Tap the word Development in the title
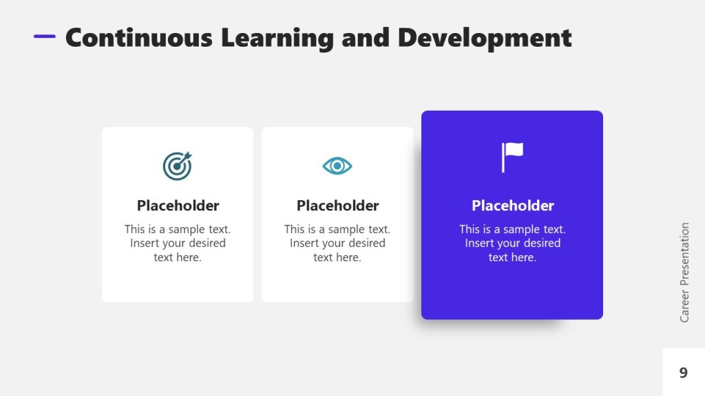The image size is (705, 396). [x=485, y=38]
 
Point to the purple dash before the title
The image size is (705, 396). [x=45, y=36]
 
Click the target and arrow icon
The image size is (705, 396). [x=177, y=166]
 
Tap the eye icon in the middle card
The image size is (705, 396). [x=337, y=166]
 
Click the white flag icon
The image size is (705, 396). [x=512, y=157]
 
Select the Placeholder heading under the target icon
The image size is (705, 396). [x=178, y=206]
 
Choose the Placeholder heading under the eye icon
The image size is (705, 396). [x=337, y=206]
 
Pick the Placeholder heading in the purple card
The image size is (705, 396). [x=512, y=206]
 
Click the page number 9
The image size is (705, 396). [x=683, y=373]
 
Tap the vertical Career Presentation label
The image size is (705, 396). [x=684, y=272]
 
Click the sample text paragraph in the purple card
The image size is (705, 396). [x=512, y=243]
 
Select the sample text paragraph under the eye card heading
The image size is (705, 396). [x=337, y=243]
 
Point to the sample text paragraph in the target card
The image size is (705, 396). [x=178, y=243]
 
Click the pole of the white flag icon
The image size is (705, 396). [x=503, y=158]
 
